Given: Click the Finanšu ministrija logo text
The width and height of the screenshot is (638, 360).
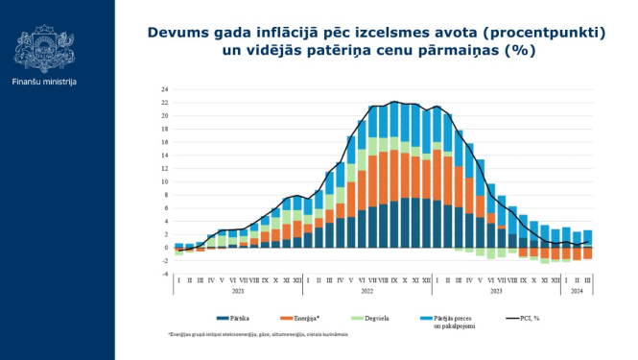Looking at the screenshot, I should (x=44, y=82).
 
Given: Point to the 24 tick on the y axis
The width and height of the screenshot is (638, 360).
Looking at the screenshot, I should (x=164, y=90).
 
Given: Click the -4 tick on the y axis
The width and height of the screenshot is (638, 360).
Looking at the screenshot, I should (x=164, y=274).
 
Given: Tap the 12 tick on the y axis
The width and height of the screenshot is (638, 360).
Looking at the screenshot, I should (x=164, y=169).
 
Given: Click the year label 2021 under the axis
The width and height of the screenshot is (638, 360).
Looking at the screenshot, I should (x=238, y=290).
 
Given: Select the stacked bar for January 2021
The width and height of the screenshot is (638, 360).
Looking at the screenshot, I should (x=179, y=248).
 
